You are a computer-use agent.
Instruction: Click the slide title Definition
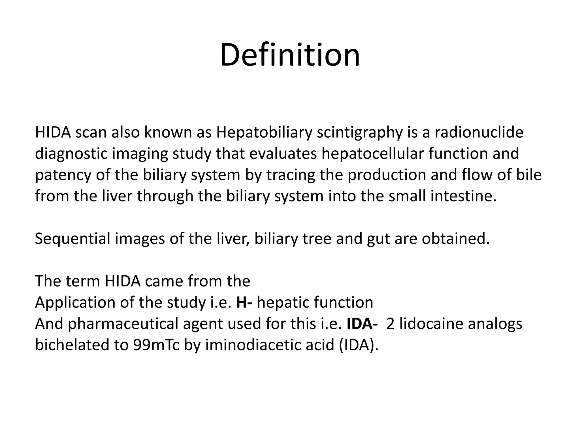(290, 54)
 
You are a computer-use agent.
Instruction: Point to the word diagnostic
(71, 154)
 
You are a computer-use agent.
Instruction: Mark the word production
(387, 175)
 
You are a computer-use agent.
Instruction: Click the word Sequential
(72, 238)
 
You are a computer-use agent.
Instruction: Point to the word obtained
(456, 238)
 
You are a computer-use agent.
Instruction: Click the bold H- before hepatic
(244, 302)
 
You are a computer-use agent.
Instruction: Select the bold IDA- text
(362, 323)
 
